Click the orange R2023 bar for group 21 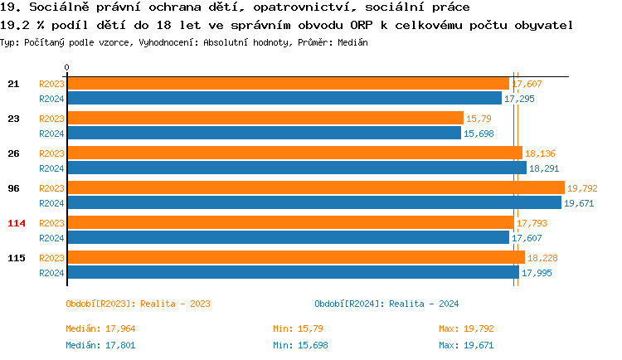pos(288,84)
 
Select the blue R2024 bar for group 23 pos(264,133)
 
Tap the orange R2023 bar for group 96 pos(315,188)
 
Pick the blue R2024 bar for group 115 pos(293,272)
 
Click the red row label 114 pos(16,223)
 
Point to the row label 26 pos(13,153)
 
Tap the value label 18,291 pos(545,168)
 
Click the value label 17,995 pos(537,273)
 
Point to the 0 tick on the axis pos(67,67)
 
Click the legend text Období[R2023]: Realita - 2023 pos(137,304)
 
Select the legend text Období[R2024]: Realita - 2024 pos(386,304)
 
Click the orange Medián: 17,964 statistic pos(101,328)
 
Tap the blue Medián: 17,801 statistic pos(101,345)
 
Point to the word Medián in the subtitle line pos(352,41)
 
